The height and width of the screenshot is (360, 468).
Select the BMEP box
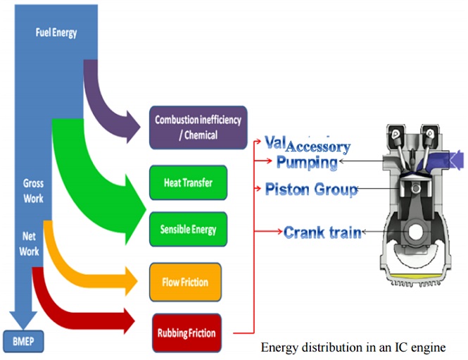pyautogui.click(x=23, y=343)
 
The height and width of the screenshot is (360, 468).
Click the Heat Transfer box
pyautogui.click(x=188, y=183)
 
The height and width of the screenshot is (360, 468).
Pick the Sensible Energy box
pyautogui.click(x=188, y=230)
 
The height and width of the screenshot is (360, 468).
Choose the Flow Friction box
pyautogui.click(x=185, y=283)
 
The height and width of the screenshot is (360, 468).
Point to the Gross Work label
pyautogui.click(x=34, y=191)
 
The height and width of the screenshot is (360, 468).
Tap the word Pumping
pyautogui.click(x=306, y=163)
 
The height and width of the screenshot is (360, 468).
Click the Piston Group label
pyautogui.click(x=311, y=189)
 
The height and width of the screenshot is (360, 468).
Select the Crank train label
pyautogui.click(x=322, y=231)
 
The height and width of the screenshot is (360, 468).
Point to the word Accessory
pyautogui.click(x=317, y=147)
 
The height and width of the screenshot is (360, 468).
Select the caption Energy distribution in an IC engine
pyautogui.click(x=353, y=347)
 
